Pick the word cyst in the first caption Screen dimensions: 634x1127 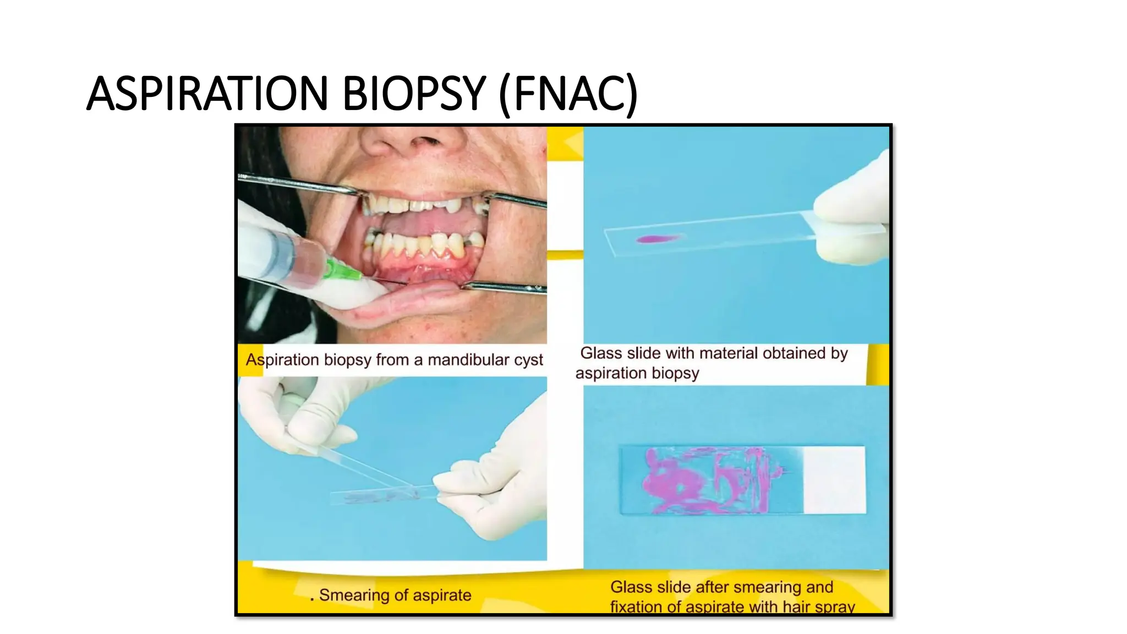pyautogui.click(x=528, y=360)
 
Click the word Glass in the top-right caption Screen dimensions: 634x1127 pyautogui.click(x=600, y=353)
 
